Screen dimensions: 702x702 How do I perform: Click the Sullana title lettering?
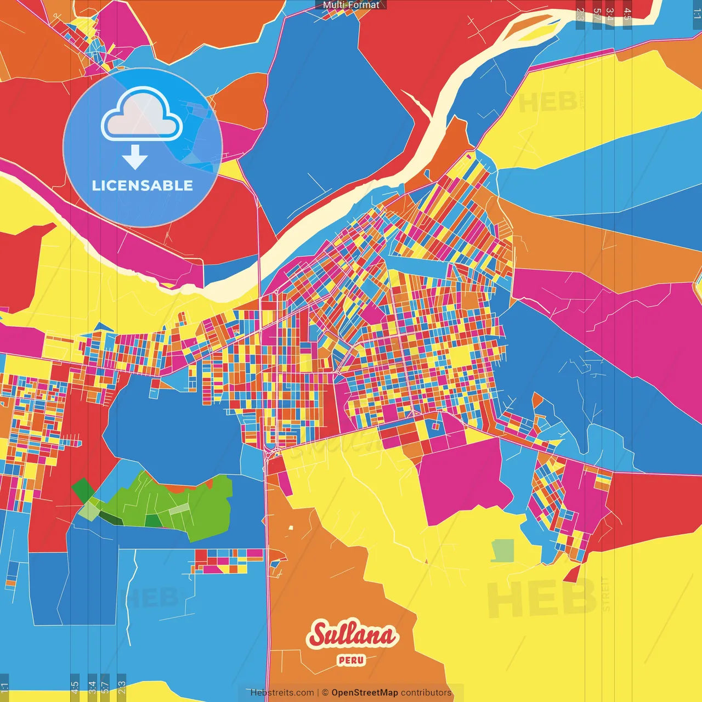(353, 635)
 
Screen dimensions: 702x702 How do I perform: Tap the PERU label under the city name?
(352, 660)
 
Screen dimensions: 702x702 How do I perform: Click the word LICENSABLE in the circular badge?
(143, 185)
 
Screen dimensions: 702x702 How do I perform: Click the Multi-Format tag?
(351, 5)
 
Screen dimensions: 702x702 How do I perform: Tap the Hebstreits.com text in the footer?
(282, 693)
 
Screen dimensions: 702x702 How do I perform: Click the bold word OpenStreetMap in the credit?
(365, 693)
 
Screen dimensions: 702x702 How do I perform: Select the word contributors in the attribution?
(426, 693)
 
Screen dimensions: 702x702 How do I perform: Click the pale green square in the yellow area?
(503, 551)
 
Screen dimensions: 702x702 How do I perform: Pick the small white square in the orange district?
(291, 528)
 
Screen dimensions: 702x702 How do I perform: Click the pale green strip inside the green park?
(178, 509)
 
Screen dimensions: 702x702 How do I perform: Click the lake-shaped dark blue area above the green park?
(170, 428)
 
